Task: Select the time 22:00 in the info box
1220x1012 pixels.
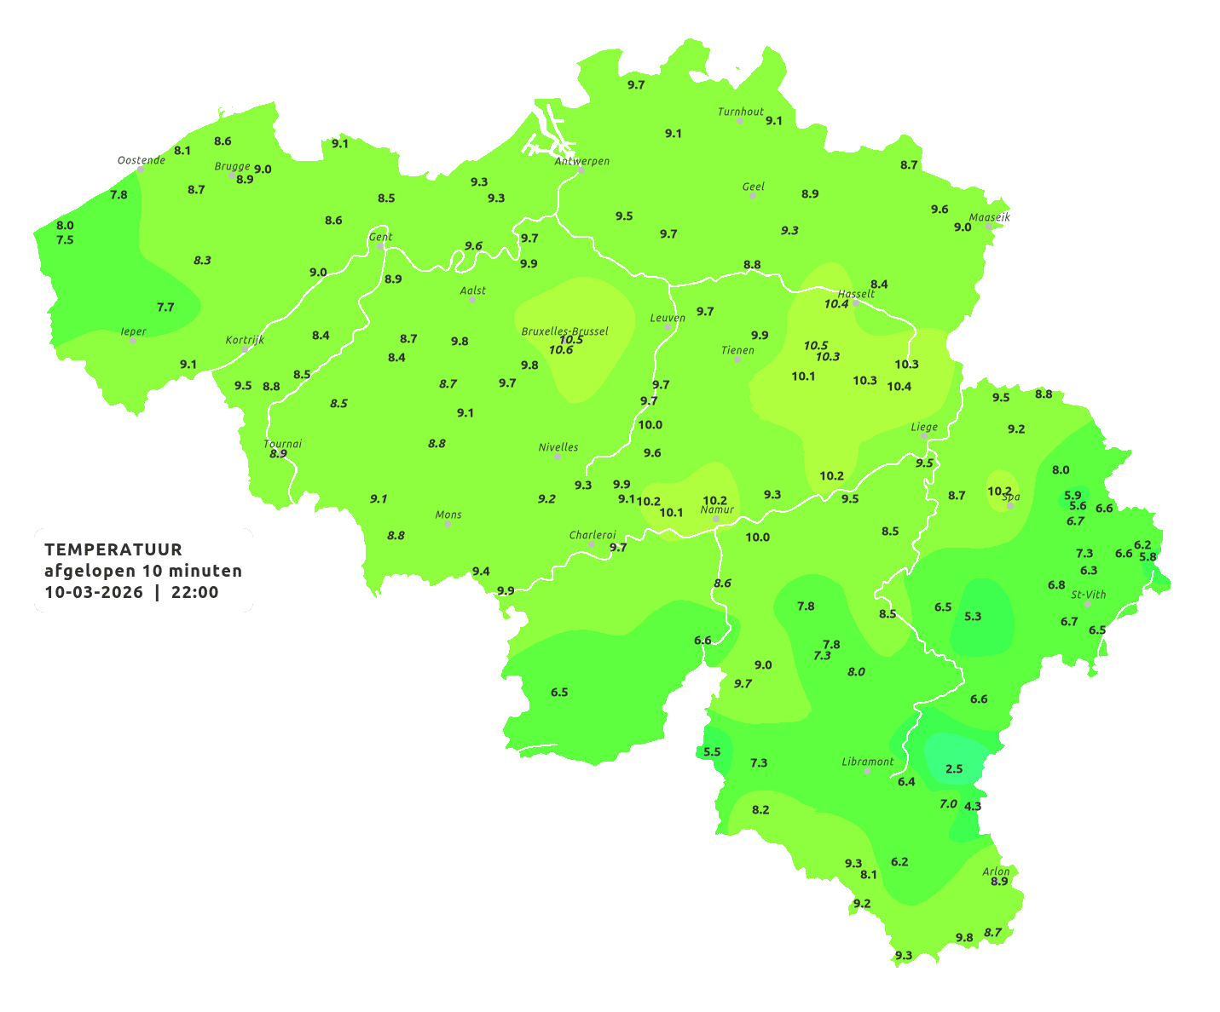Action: tap(195, 593)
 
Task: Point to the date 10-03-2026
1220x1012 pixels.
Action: tap(94, 593)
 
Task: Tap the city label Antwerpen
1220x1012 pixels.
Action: tap(582, 161)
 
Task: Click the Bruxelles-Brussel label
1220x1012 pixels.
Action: tap(564, 331)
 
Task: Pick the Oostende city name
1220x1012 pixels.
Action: tap(141, 160)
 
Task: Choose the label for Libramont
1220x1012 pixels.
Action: tap(867, 762)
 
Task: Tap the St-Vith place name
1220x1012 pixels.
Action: tap(1088, 595)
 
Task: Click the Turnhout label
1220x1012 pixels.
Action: tap(740, 112)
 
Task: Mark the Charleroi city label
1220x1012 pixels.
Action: tap(592, 535)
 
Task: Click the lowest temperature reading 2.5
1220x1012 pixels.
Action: tap(954, 769)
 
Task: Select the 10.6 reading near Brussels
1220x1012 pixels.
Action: tap(561, 350)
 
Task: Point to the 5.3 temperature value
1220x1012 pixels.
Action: tap(973, 617)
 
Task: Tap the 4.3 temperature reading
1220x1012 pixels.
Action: tap(973, 806)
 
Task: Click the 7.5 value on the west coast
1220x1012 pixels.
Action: tap(65, 240)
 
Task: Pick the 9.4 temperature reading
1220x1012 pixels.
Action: tap(481, 572)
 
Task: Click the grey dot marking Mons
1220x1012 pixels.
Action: tap(448, 524)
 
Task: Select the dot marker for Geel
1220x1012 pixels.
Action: tap(753, 196)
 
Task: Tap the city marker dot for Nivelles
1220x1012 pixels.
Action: tap(558, 457)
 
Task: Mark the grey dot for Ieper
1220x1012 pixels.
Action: tap(133, 341)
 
